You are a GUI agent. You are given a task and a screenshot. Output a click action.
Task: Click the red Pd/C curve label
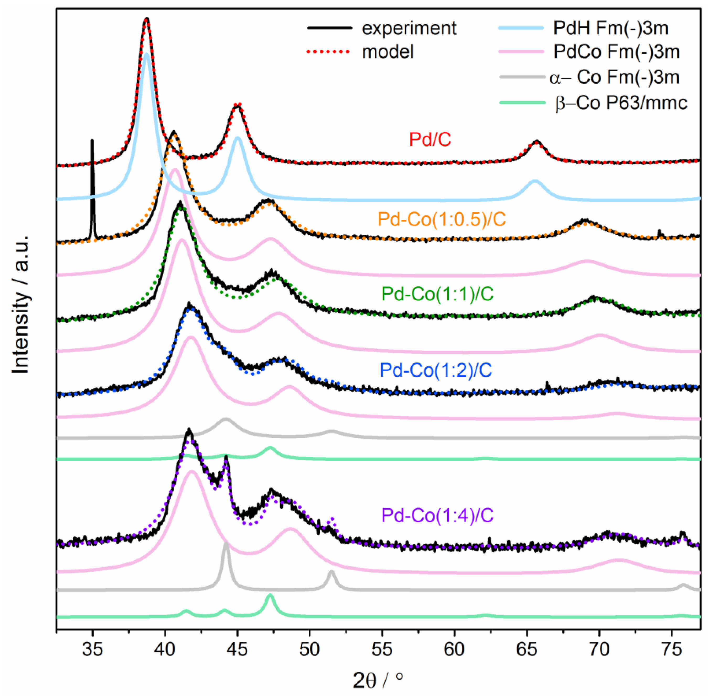[x=430, y=140]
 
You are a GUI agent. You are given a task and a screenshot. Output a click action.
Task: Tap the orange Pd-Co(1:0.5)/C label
[x=442, y=219]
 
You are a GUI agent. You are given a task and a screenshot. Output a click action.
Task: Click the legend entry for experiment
[x=409, y=28]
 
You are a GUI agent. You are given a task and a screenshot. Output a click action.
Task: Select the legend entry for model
[x=388, y=52]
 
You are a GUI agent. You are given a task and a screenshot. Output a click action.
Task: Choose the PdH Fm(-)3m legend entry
[x=610, y=28]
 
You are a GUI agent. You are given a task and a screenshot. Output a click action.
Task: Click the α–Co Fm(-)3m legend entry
[x=614, y=77]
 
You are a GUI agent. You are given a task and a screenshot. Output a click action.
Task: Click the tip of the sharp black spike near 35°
[x=92, y=140]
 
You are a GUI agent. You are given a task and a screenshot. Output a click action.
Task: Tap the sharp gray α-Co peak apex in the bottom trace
[x=226, y=544]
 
